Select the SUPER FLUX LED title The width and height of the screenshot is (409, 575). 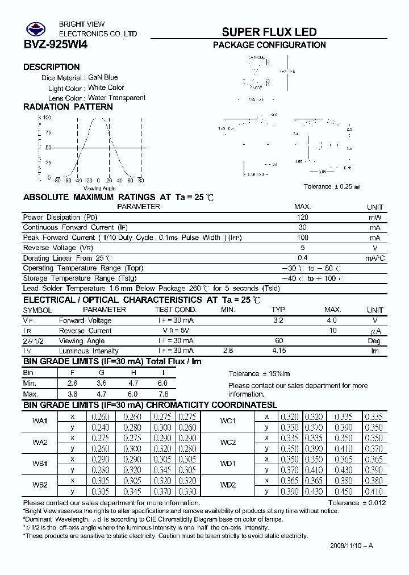pyautogui.click(x=269, y=32)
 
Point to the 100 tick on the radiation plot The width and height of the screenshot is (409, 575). pyautogui.click(x=47, y=118)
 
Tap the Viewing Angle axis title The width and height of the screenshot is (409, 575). pyautogui.click(x=99, y=188)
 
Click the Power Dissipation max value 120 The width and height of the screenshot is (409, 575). pyautogui.click(x=302, y=218)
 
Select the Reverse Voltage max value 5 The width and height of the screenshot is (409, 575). pyautogui.click(x=302, y=248)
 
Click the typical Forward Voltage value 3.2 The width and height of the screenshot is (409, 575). pyautogui.click(x=278, y=320)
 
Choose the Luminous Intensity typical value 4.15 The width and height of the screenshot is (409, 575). pyautogui.click(x=278, y=351)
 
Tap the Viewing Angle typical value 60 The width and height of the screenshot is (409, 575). pyautogui.click(x=278, y=341)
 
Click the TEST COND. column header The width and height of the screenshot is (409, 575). pyautogui.click(x=176, y=310)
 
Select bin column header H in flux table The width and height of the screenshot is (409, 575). pyautogui.click(x=133, y=372)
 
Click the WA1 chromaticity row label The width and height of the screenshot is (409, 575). pyautogui.click(x=40, y=421)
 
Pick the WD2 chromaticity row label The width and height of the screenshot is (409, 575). pyautogui.click(x=228, y=485)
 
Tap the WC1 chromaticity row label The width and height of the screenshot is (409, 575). pyautogui.click(x=228, y=421)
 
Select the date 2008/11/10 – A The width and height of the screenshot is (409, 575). pyautogui.click(x=351, y=546)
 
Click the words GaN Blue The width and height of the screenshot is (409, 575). pyautogui.click(x=103, y=77)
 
